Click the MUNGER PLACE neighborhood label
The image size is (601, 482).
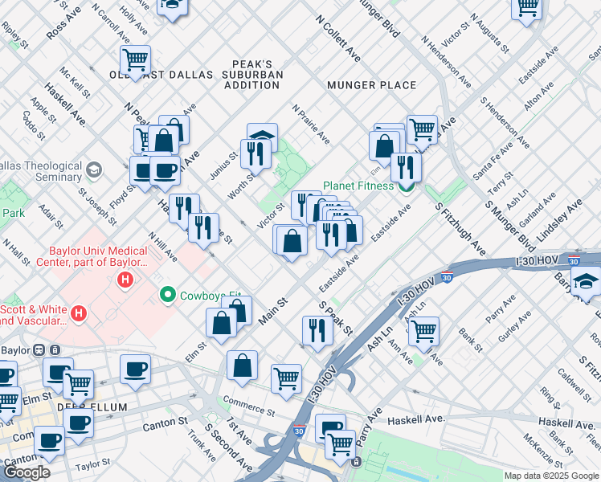point(371,85)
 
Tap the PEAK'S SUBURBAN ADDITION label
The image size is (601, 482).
point(253,74)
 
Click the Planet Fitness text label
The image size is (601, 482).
point(358,186)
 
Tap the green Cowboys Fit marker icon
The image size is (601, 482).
point(168,295)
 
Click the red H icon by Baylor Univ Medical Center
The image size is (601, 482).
point(125,280)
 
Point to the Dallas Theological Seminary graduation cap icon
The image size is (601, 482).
point(95,170)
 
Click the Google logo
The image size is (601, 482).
point(27,472)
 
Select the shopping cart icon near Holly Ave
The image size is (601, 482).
point(136,59)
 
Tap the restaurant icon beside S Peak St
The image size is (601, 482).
point(318,329)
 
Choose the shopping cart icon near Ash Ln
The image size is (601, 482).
point(423,329)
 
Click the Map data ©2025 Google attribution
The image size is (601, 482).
point(550,476)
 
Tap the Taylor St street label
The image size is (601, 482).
point(92,466)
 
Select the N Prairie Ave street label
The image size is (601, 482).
point(311,124)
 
